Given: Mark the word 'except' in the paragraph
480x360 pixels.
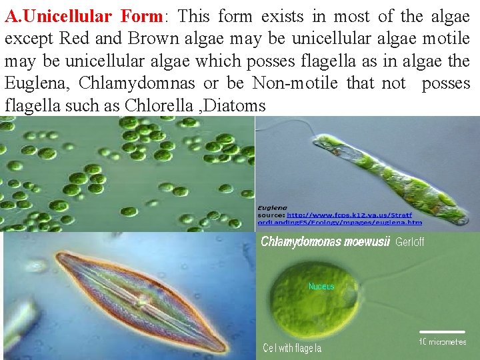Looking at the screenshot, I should pos(27,38).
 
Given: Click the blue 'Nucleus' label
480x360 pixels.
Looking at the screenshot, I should pos(321,287).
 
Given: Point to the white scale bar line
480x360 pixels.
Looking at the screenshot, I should pos(441,331).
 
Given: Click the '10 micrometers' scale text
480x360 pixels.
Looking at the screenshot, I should pos(443,342).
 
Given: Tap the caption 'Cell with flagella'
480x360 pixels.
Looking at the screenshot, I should pos(292,348).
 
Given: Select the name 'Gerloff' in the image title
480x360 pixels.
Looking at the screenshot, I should pos(409,242).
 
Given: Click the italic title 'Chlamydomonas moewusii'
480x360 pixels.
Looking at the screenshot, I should pos(325,242).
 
